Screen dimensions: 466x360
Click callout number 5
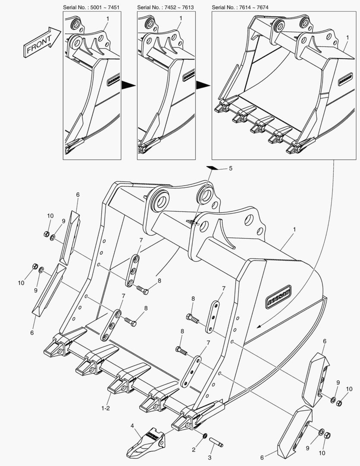point(230,168)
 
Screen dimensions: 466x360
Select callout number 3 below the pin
point(210,457)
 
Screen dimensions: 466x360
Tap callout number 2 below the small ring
point(194,450)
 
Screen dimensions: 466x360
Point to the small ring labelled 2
point(205,435)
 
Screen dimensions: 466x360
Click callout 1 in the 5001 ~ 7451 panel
point(107,19)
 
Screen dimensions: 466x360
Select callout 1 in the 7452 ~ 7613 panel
point(181,19)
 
